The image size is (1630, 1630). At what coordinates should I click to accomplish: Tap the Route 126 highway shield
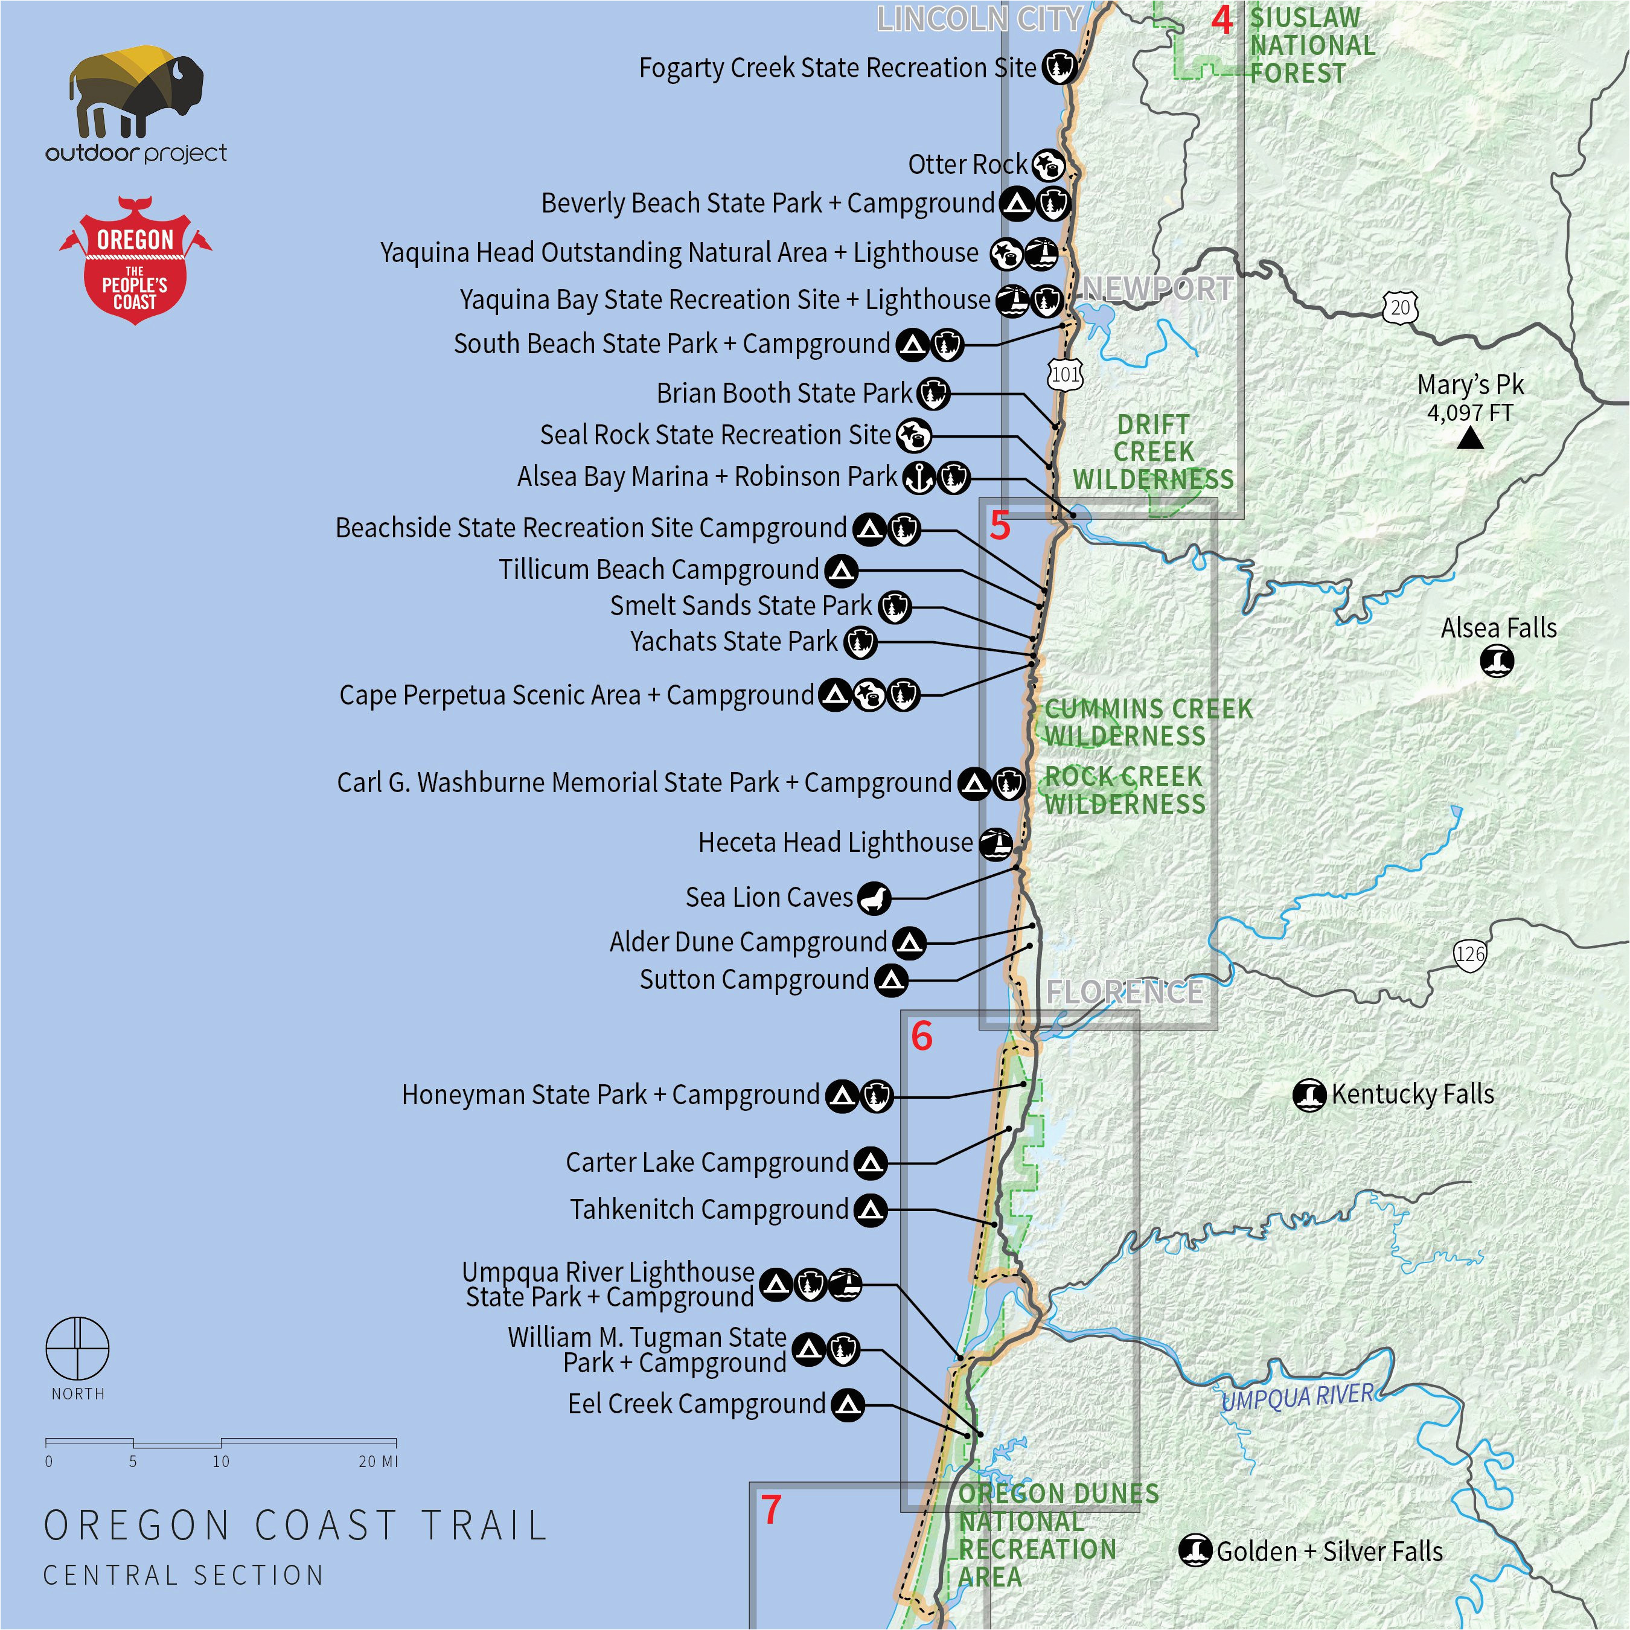1469,954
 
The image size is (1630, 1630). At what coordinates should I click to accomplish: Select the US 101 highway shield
1065,374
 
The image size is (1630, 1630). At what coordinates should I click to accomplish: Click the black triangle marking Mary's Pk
1471,438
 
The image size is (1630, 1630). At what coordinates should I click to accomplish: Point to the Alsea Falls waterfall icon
1498,660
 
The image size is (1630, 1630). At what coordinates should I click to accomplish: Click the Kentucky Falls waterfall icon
1309,1095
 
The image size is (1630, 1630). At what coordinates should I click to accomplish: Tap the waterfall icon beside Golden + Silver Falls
1195,1551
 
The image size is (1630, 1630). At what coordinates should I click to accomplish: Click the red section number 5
1000,526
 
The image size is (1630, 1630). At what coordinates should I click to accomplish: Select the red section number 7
771,1510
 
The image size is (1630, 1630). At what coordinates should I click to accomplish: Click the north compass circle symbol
77,1347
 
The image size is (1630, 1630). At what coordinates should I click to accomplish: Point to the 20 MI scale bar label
377,1461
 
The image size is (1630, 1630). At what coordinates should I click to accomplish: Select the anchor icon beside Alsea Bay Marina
919,478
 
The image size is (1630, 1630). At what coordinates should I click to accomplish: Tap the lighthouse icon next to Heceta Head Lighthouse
996,843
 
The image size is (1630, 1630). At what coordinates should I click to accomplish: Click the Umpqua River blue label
1297,1397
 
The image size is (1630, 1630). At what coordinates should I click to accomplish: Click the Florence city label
1125,991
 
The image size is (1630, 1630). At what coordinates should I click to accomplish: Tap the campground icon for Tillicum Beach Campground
841,571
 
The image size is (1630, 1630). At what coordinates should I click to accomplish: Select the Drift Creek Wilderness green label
1152,452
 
